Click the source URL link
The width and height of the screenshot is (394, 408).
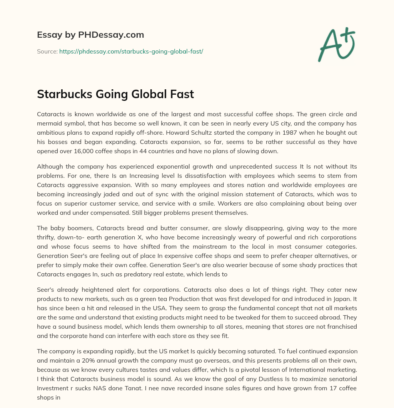(x=131, y=51)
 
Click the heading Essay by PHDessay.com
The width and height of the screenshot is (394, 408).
(x=90, y=35)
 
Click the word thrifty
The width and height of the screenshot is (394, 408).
(x=47, y=237)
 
